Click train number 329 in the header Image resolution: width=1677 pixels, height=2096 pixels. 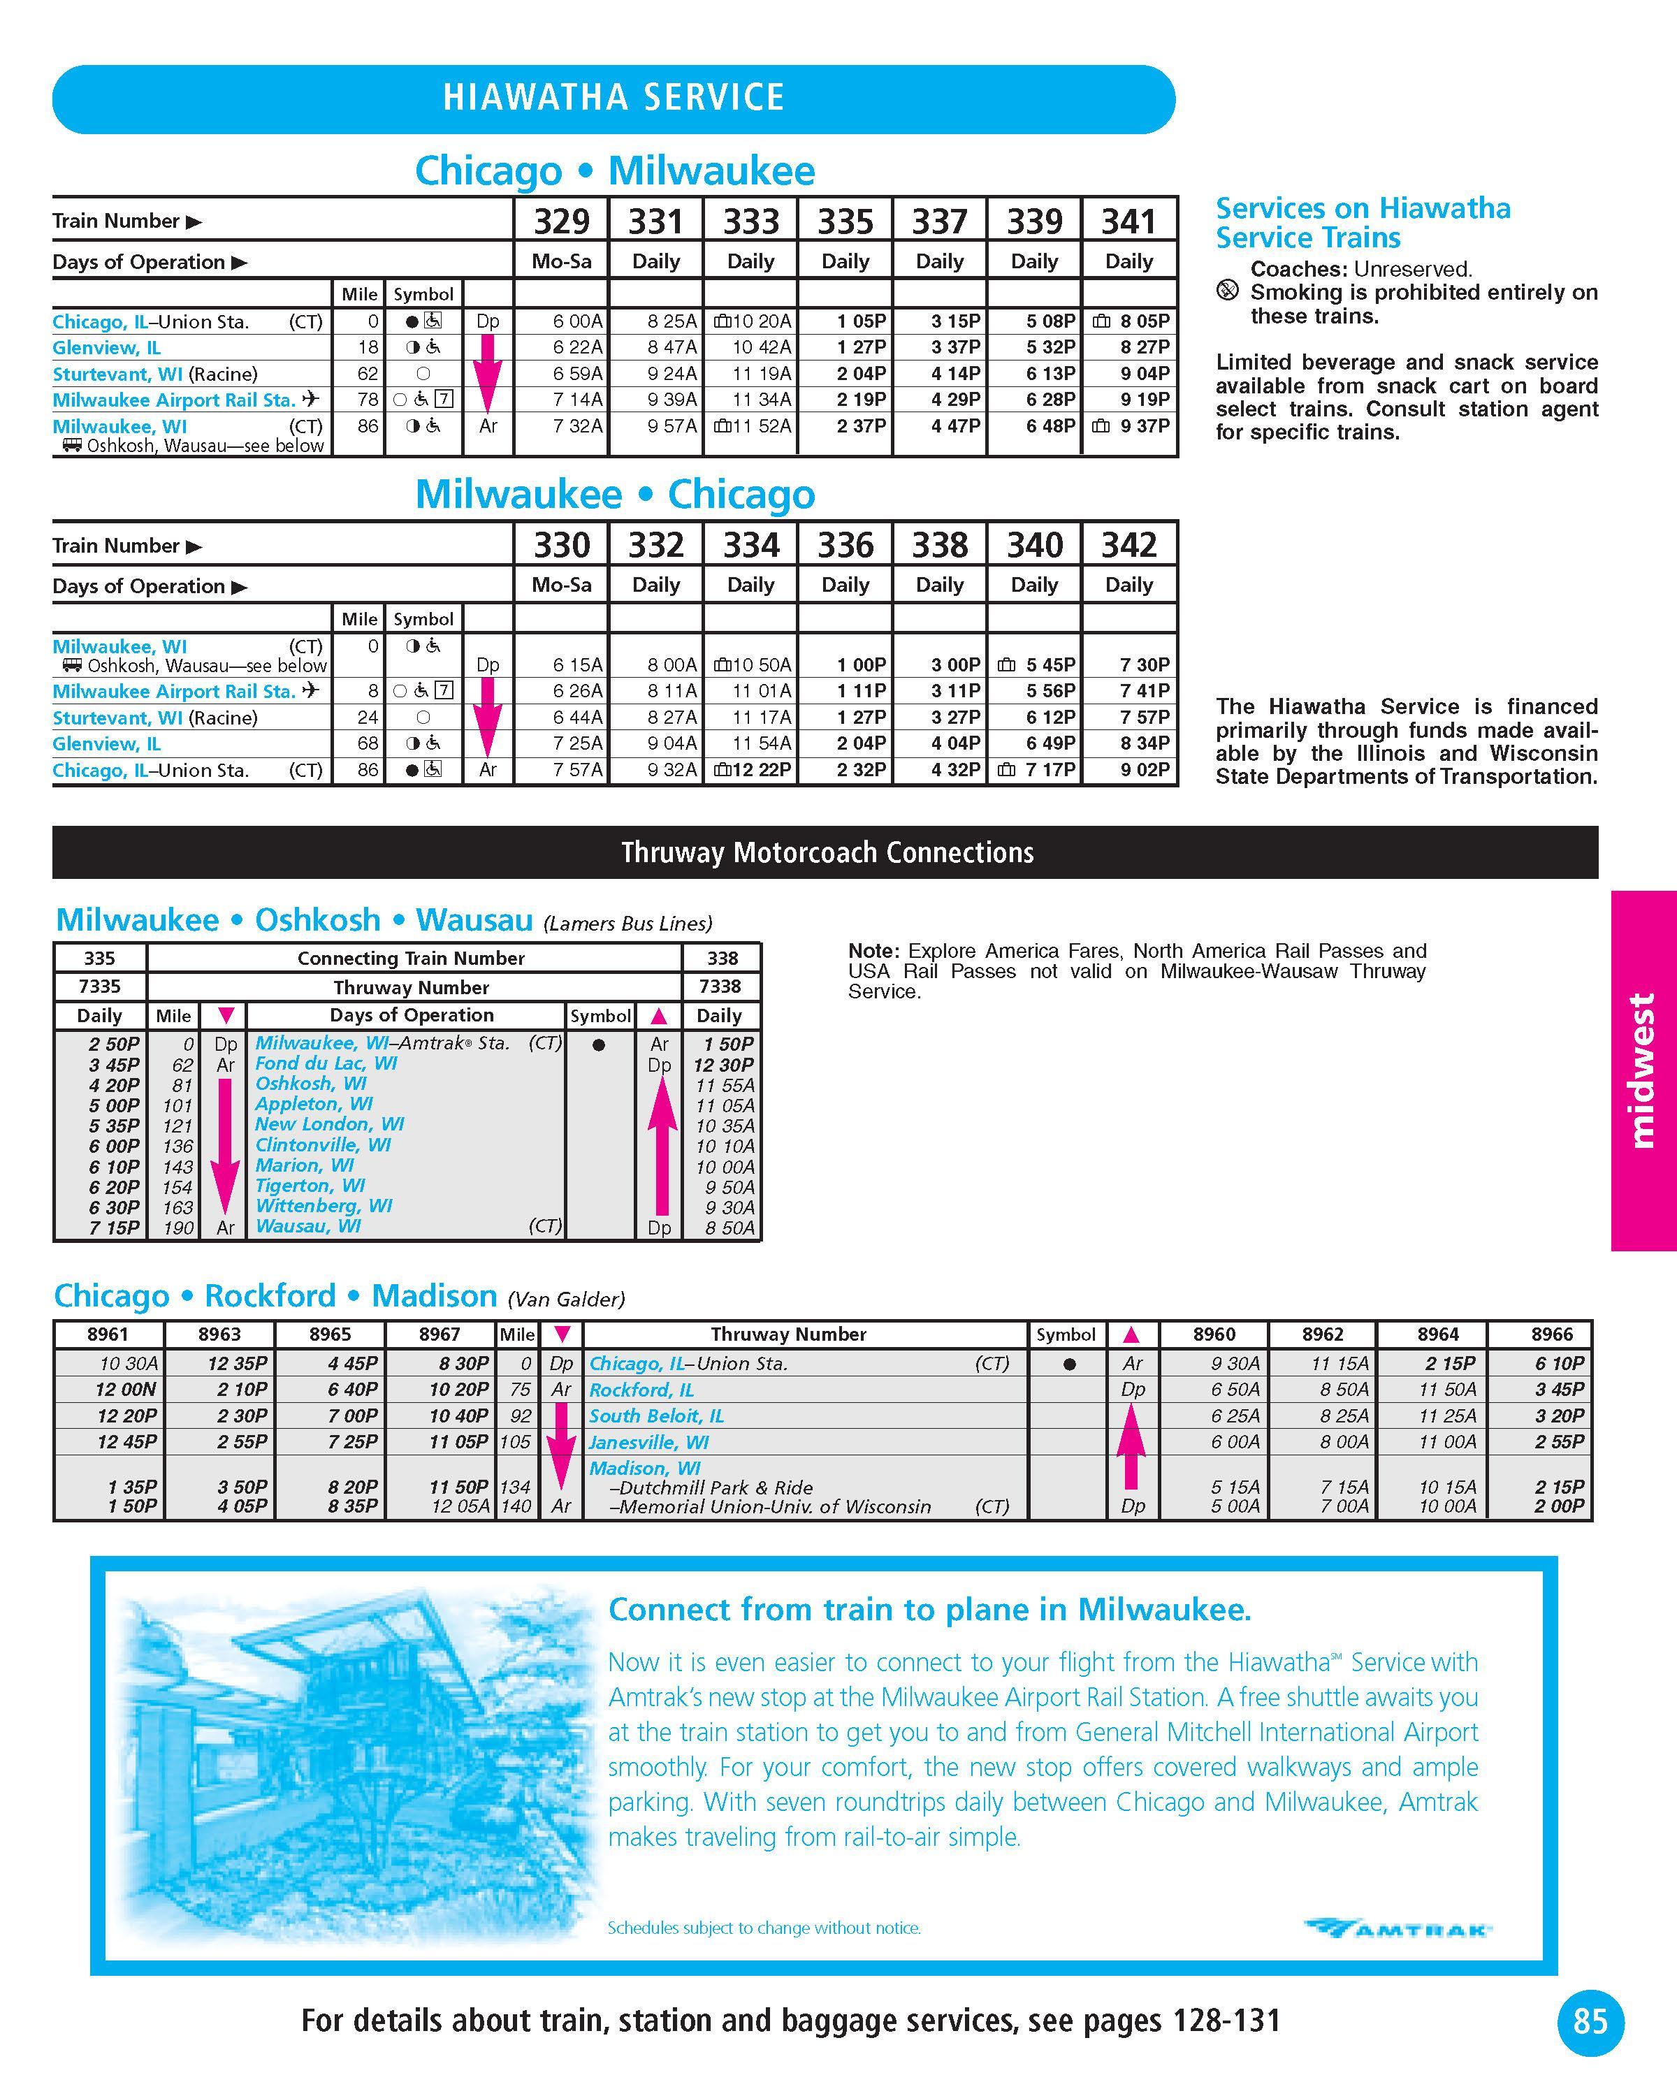pyautogui.click(x=562, y=221)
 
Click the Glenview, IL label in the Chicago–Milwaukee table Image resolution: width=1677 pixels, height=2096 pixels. pyautogui.click(x=107, y=348)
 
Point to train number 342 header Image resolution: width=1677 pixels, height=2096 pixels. pyautogui.click(x=1128, y=546)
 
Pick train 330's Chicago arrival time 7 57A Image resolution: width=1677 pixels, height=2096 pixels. pyautogui.click(x=577, y=770)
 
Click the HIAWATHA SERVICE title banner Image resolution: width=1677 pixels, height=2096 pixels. pyautogui.click(x=614, y=99)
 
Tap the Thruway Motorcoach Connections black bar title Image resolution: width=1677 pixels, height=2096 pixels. pyautogui.click(x=827, y=852)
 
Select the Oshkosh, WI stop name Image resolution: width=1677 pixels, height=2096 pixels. pyautogui.click(x=310, y=1083)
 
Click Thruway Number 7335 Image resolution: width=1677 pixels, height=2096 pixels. pyautogui.click(x=99, y=986)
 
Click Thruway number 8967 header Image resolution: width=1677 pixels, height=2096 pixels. pyautogui.click(x=440, y=1334)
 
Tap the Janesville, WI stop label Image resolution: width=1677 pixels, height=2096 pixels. pyautogui.click(x=648, y=1442)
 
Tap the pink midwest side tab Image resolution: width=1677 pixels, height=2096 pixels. pyautogui.click(x=1642, y=1070)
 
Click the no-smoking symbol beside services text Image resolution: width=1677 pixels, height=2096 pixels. pyautogui.click(x=1228, y=291)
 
